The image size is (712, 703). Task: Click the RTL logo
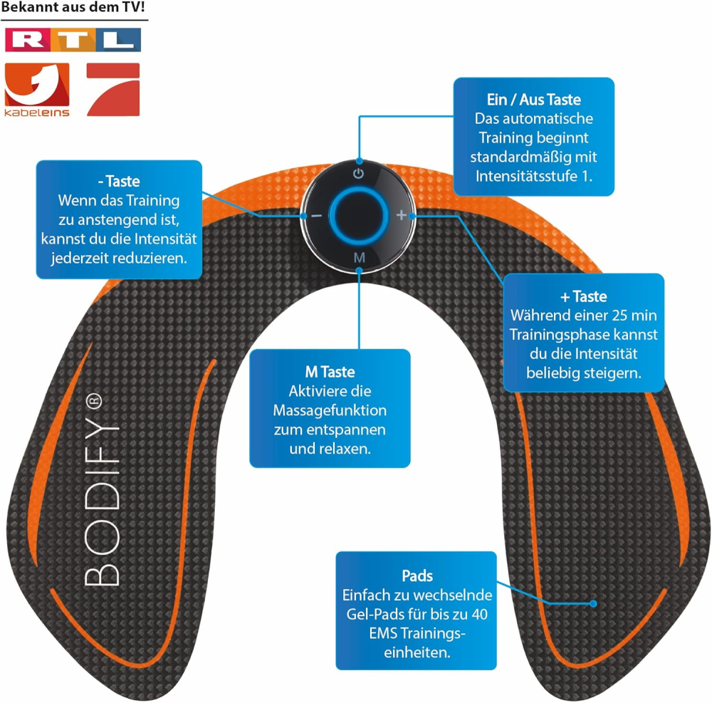click(x=73, y=39)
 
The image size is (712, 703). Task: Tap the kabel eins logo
click(x=37, y=90)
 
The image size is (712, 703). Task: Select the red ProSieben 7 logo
click(x=112, y=89)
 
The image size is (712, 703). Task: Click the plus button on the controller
click(x=402, y=214)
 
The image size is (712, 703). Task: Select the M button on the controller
click(x=360, y=258)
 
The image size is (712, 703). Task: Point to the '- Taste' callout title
click(x=119, y=182)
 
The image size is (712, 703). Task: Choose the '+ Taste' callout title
click(x=584, y=296)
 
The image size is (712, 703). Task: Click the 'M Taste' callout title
click(x=330, y=372)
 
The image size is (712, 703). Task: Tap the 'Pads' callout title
click(x=417, y=576)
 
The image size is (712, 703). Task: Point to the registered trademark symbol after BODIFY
click(x=97, y=400)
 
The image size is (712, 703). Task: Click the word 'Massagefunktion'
click(x=330, y=410)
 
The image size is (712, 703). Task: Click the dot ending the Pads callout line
click(x=594, y=603)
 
